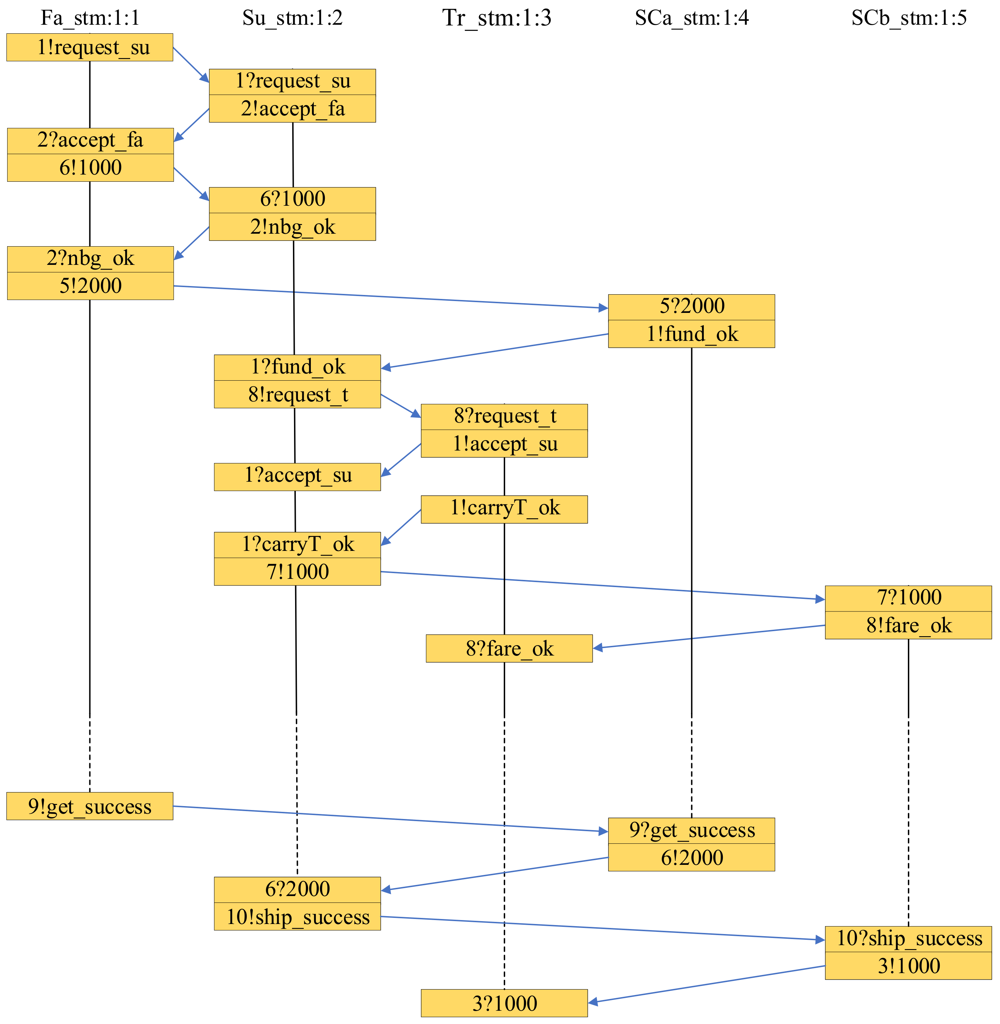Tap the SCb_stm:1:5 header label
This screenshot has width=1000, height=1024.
click(909, 18)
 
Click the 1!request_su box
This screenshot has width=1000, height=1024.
click(90, 47)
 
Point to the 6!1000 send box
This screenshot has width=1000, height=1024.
click(90, 167)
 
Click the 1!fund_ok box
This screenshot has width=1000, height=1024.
click(691, 334)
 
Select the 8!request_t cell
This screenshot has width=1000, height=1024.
click(297, 394)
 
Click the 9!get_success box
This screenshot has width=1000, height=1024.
click(90, 806)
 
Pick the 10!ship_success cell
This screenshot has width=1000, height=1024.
click(297, 917)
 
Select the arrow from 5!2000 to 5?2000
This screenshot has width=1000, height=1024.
click(391, 297)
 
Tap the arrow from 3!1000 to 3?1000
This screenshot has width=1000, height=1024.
click(706, 985)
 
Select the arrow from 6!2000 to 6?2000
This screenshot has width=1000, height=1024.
click(495, 874)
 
